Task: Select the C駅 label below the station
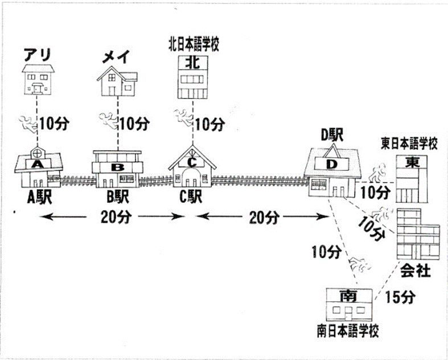point(191,198)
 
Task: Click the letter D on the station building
point(333,165)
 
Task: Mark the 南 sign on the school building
point(348,296)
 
